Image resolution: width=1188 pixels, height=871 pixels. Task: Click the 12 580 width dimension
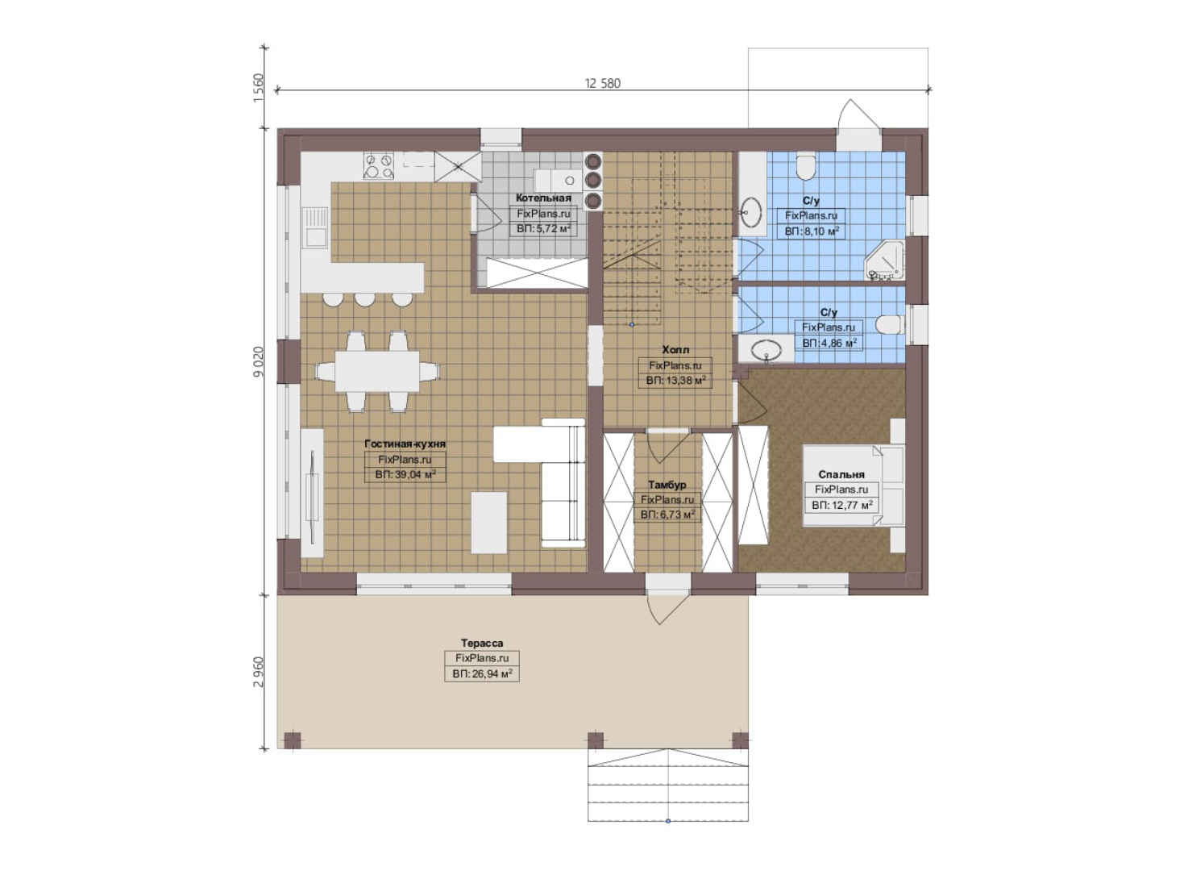pyautogui.click(x=603, y=83)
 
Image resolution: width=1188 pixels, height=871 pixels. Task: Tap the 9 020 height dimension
pyautogui.click(x=258, y=362)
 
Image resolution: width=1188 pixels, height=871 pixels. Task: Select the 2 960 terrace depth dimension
pyautogui.click(x=258, y=672)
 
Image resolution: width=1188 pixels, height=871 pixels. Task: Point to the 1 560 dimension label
pyautogui.click(x=258, y=88)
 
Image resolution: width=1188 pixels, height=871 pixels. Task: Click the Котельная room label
pyautogui.click(x=543, y=198)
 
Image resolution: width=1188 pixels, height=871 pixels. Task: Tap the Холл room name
pyautogui.click(x=675, y=350)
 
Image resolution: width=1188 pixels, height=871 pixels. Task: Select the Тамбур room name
pyautogui.click(x=667, y=485)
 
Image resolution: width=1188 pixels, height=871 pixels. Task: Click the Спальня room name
pyautogui.click(x=841, y=474)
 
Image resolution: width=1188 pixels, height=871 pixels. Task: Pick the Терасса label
pyautogui.click(x=481, y=643)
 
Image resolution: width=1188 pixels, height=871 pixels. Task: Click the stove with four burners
pyautogui.click(x=379, y=166)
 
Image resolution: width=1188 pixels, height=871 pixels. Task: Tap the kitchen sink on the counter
pyautogui.click(x=315, y=227)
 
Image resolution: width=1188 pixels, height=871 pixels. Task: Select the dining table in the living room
pyautogui.click(x=377, y=371)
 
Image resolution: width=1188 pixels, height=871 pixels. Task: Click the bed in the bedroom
pyautogui.click(x=853, y=486)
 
